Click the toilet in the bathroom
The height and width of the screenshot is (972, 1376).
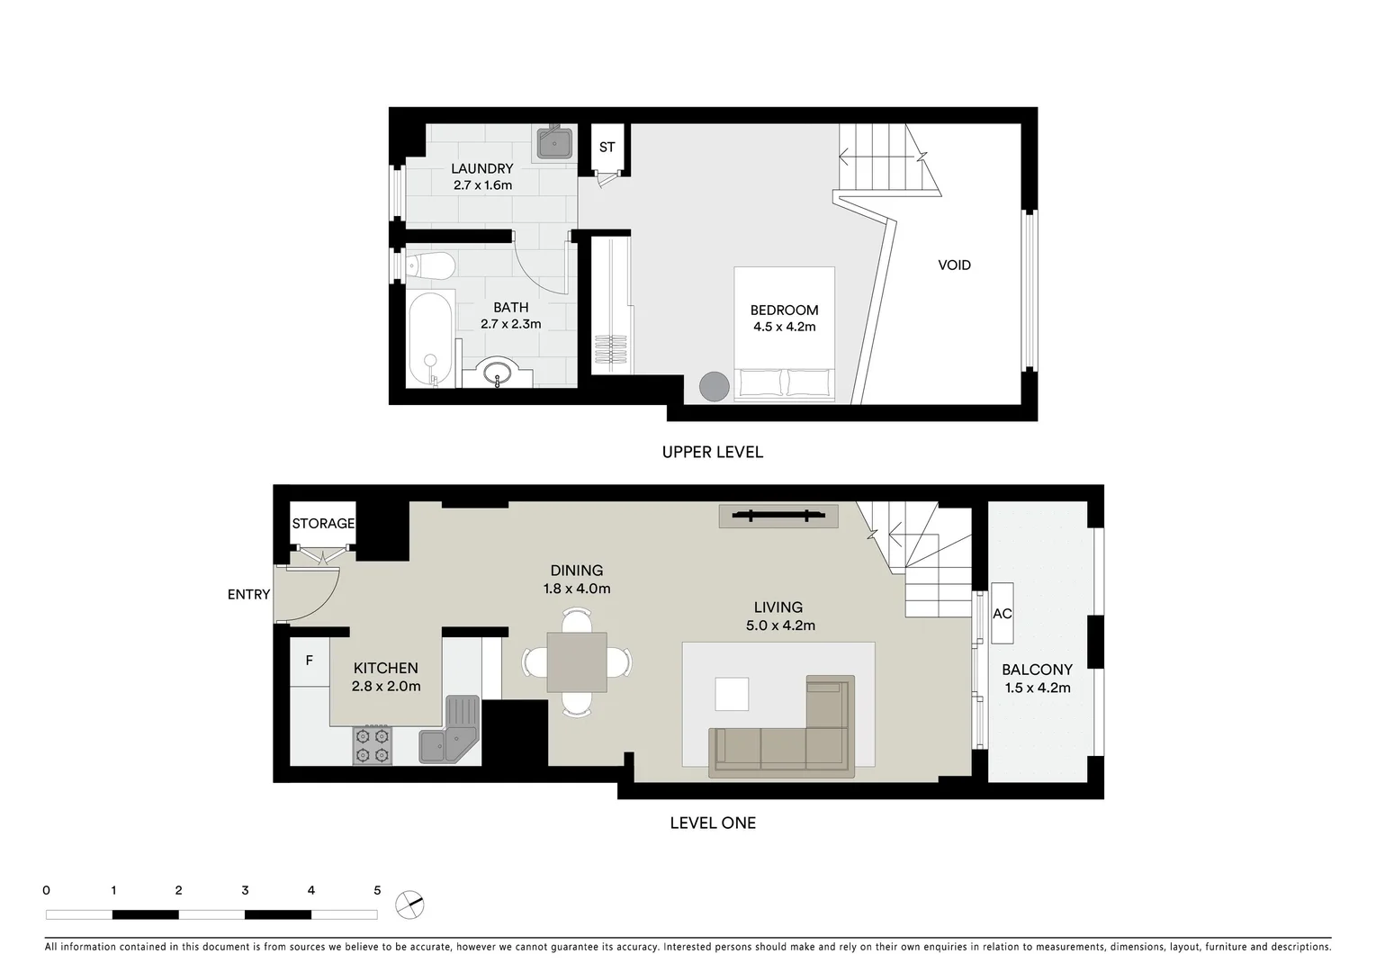pyautogui.click(x=430, y=266)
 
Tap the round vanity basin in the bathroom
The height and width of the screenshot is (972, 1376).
pyautogui.click(x=497, y=373)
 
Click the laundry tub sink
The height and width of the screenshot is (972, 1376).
pyautogui.click(x=555, y=142)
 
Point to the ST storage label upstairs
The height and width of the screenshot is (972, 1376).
pyautogui.click(x=607, y=147)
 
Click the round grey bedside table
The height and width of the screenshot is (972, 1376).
pyautogui.click(x=715, y=386)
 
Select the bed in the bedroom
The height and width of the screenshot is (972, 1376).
pyautogui.click(x=784, y=333)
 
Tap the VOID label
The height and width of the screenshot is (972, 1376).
pyautogui.click(x=954, y=265)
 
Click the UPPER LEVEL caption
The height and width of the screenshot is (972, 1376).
pyautogui.click(x=712, y=452)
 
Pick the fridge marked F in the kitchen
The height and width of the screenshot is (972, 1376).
pyautogui.click(x=309, y=661)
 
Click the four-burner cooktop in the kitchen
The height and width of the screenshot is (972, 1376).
pyautogui.click(x=373, y=744)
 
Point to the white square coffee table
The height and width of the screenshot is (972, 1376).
pyautogui.click(x=732, y=694)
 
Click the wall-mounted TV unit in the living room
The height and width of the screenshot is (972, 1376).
pyautogui.click(x=778, y=516)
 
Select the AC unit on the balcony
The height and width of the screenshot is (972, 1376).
pyautogui.click(x=1002, y=613)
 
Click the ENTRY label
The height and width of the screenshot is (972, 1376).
pyautogui.click(x=248, y=594)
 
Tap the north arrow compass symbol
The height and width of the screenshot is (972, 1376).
pyautogui.click(x=409, y=904)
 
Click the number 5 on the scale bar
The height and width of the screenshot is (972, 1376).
pyautogui.click(x=377, y=890)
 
